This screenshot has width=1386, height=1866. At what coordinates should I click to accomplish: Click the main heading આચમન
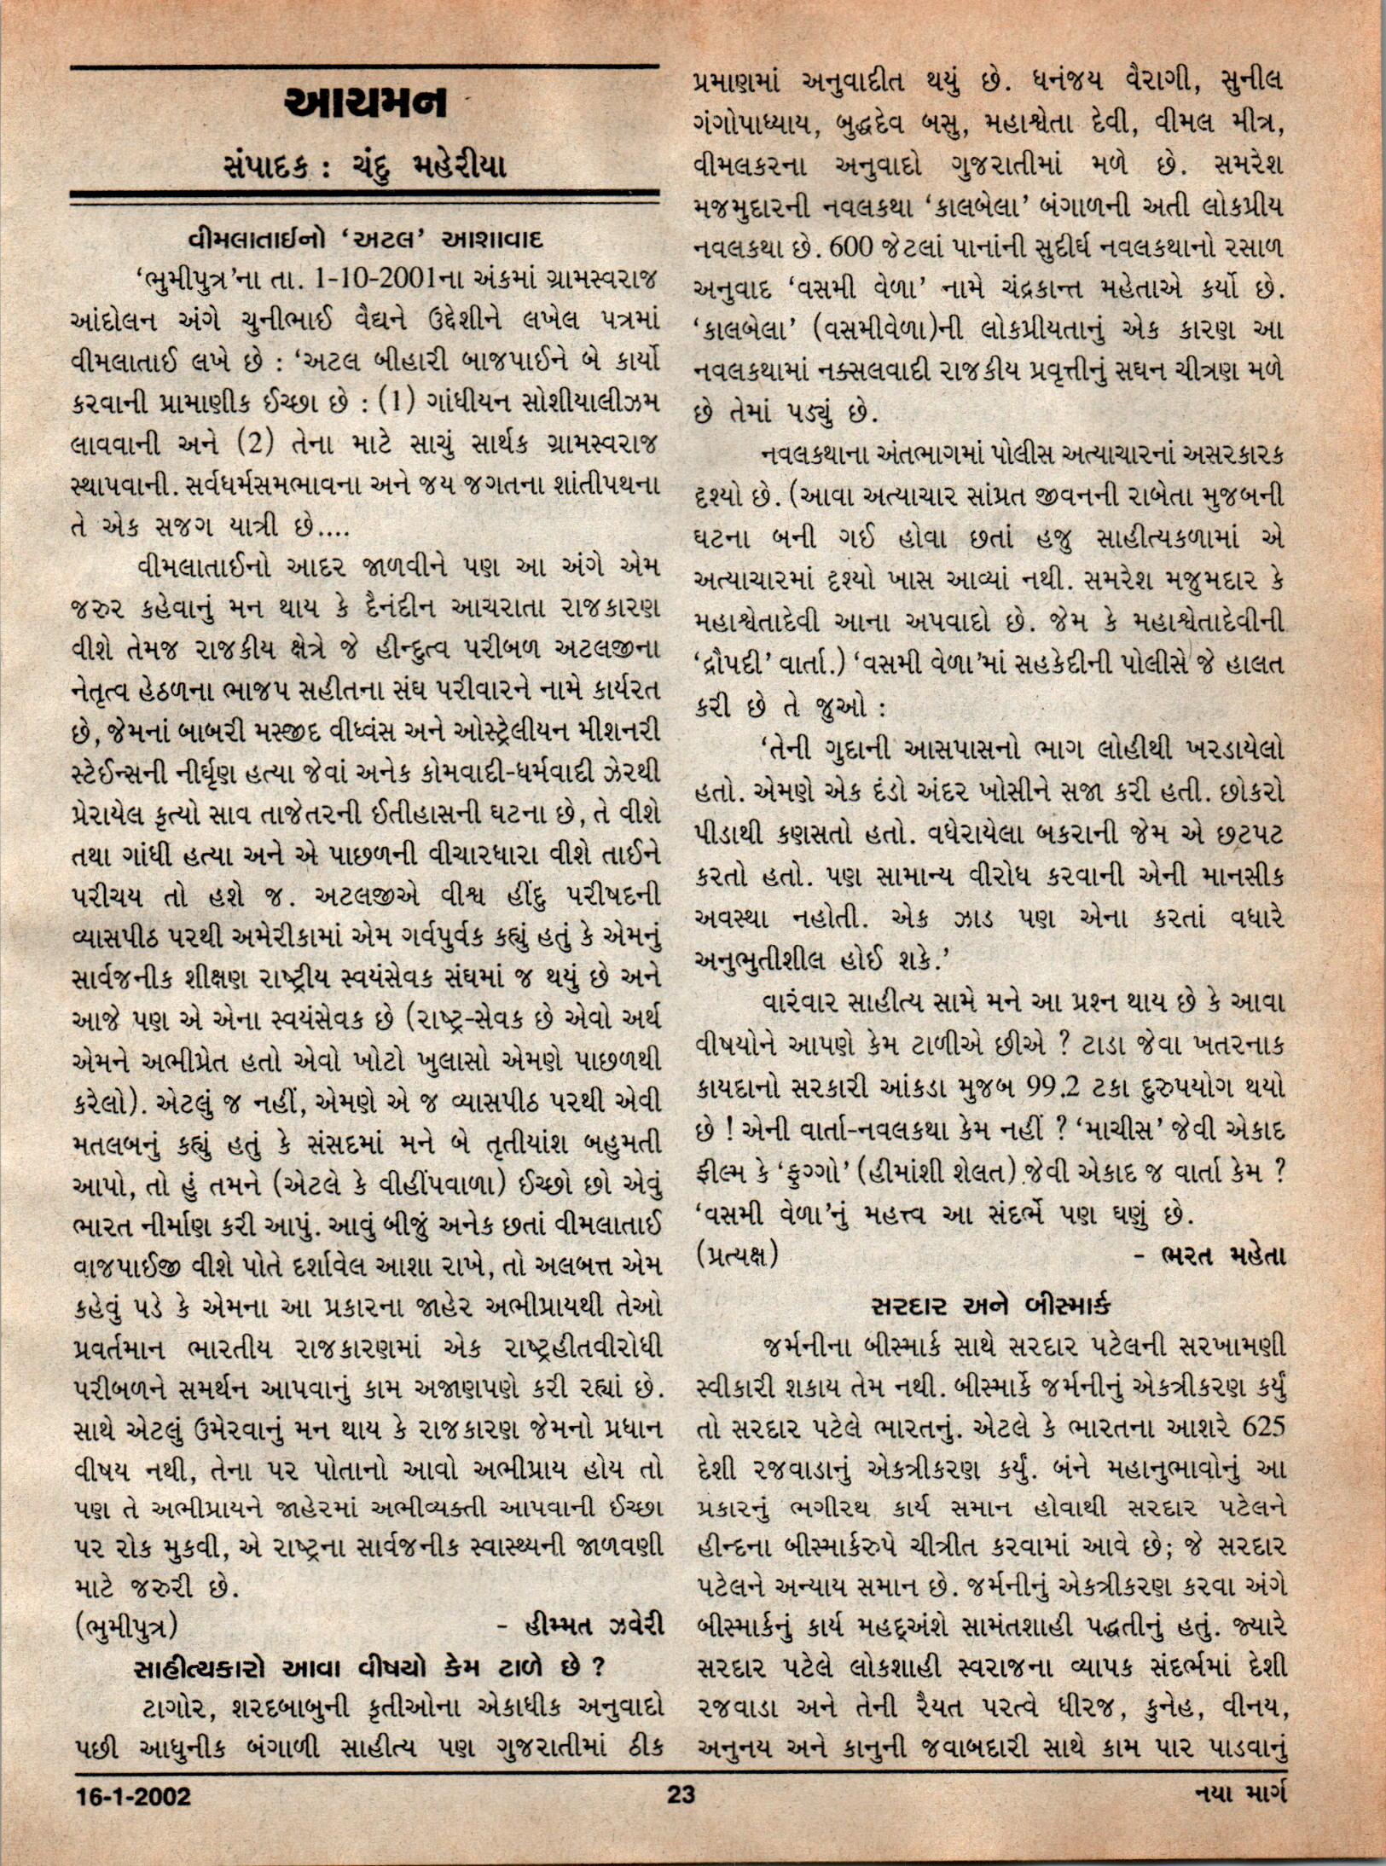pos(364,103)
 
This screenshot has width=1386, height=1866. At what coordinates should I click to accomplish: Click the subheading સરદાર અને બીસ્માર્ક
pos(990,1306)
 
